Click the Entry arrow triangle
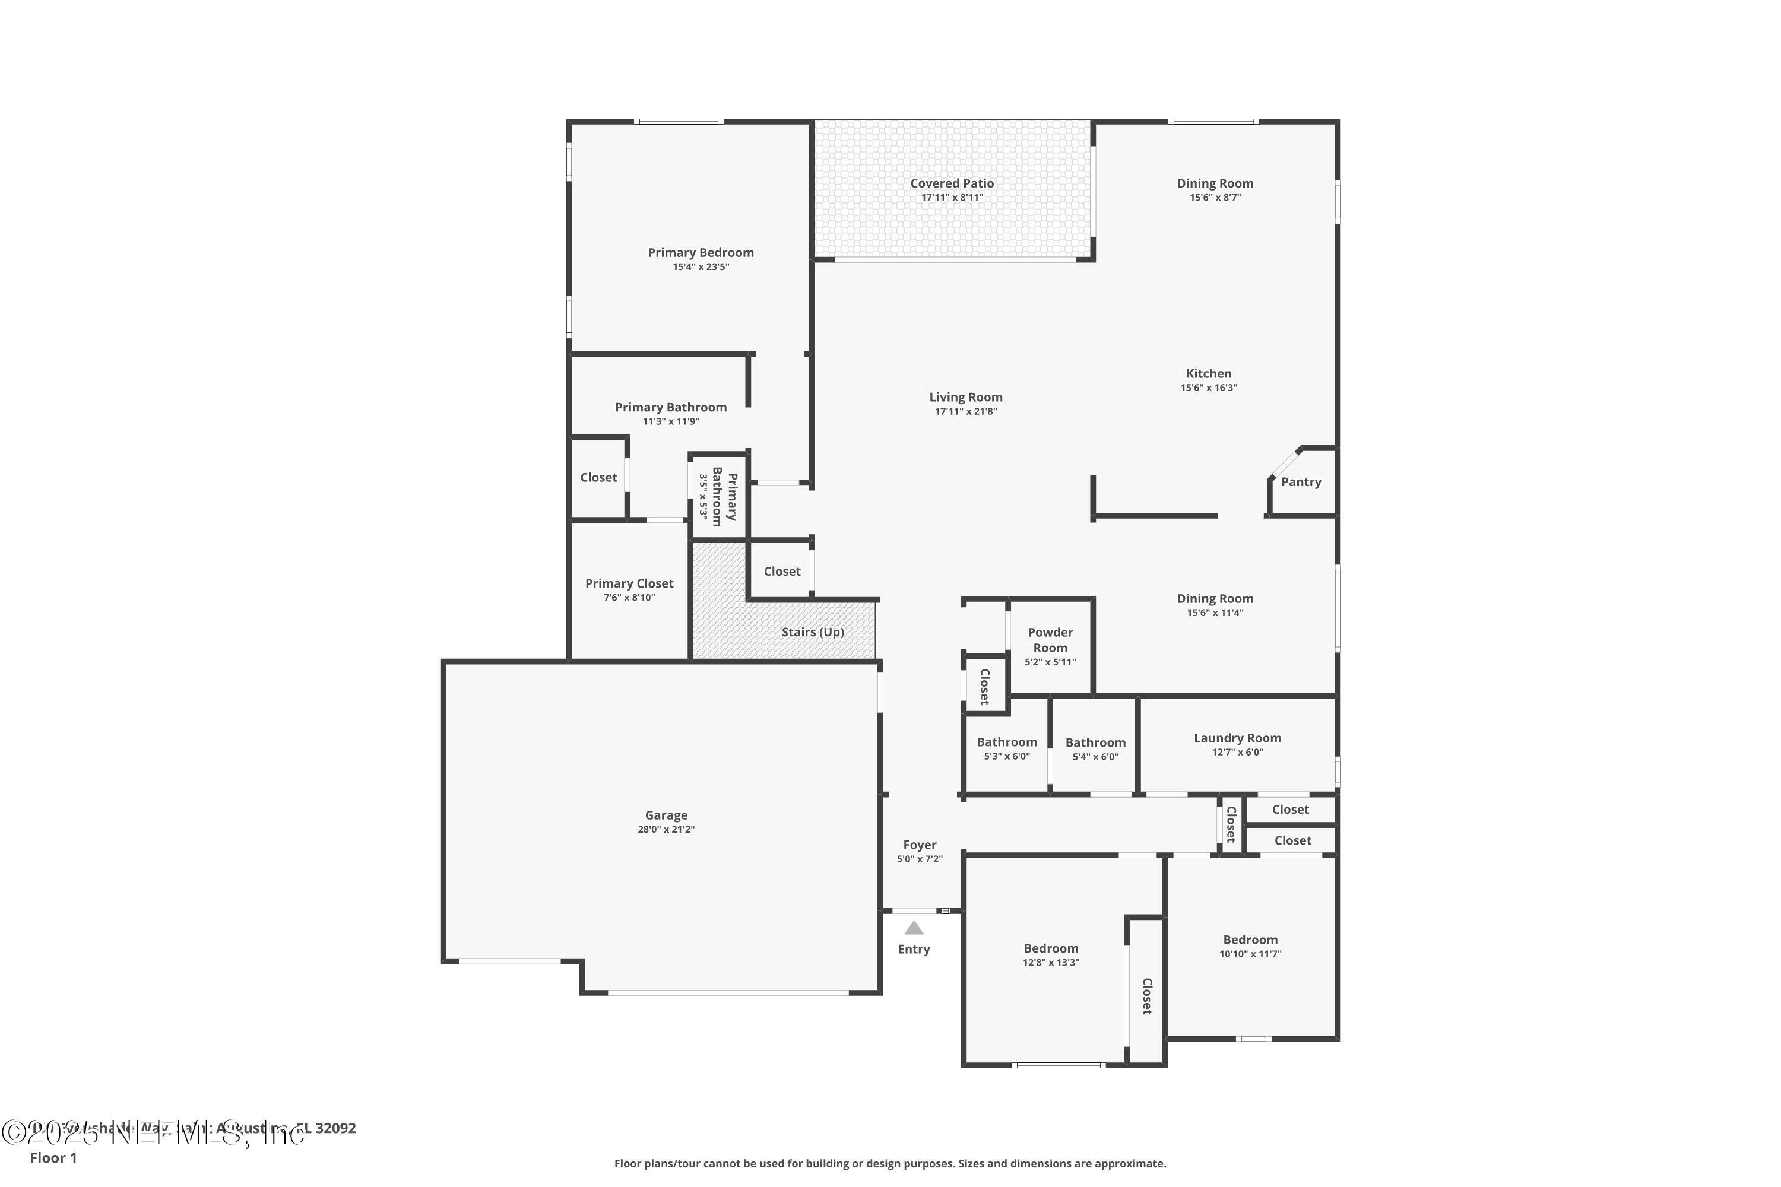[x=914, y=928]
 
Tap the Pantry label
[x=1301, y=482]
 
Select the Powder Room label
[x=1050, y=640]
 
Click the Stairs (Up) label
[x=813, y=632]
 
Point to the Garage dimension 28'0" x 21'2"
[x=666, y=829]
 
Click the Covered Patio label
[x=952, y=183]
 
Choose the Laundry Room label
[x=1237, y=738]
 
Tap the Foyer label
[x=919, y=845]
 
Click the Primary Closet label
[x=629, y=583]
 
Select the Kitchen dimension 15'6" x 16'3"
[x=1209, y=388]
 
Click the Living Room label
[x=965, y=398]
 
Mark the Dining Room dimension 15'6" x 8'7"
[x=1215, y=198]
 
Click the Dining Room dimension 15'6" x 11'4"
[x=1215, y=612]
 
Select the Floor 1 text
[x=53, y=1157]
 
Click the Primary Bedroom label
[x=701, y=253]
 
